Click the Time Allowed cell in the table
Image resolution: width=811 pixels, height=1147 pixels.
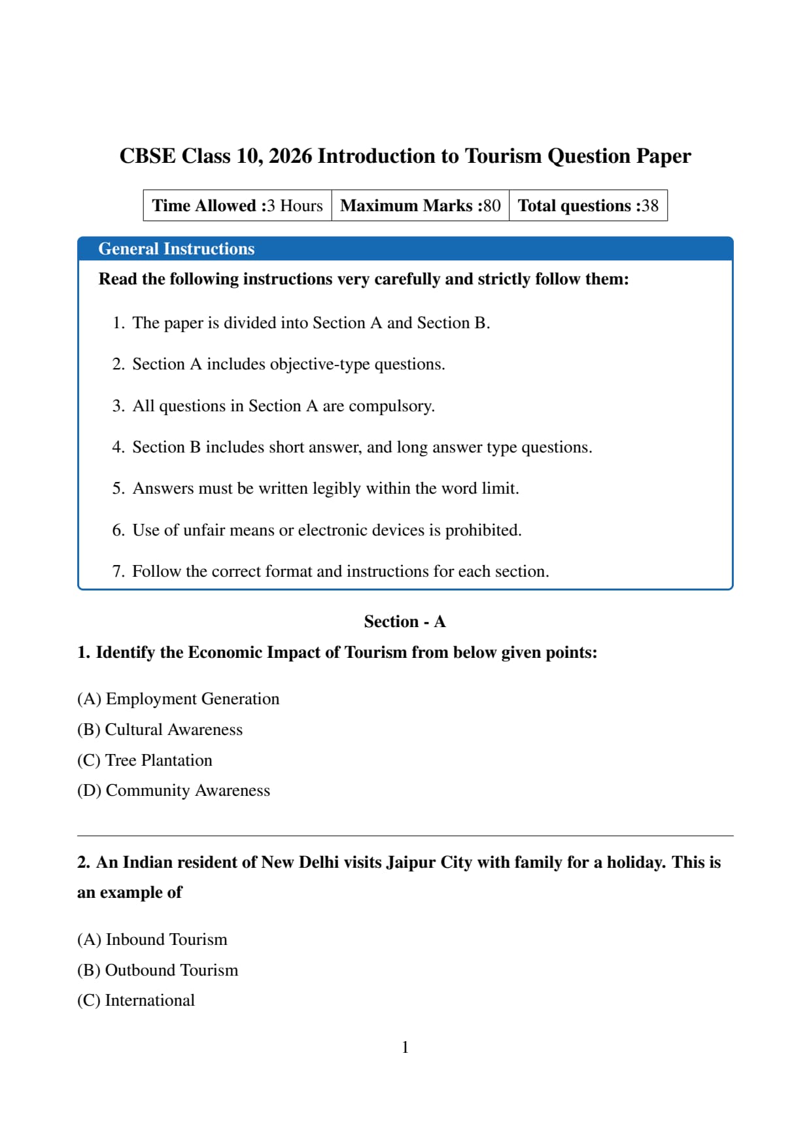point(237,205)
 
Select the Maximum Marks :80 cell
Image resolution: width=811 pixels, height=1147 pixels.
point(421,205)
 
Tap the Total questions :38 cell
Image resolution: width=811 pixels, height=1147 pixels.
point(588,205)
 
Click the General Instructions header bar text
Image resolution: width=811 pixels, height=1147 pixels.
point(176,249)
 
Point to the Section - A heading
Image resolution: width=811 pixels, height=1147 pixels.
point(405,621)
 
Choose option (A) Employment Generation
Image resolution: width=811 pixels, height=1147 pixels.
point(178,699)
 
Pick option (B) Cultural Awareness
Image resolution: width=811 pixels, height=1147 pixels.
point(160,730)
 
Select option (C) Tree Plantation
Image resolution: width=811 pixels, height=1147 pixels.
point(145,761)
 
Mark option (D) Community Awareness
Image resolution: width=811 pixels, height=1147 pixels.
point(173,791)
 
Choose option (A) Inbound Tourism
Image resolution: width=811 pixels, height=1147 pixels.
point(152,940)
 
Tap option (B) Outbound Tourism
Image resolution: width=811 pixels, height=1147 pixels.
point(158,970)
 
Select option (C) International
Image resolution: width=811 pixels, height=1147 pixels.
point(136,1001)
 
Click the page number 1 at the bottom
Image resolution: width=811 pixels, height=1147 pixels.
point(405,1048)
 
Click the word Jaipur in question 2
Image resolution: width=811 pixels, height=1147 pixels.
point(411,863)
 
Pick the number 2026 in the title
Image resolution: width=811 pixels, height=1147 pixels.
point(290,156)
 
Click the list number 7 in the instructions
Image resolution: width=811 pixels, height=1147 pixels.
point(118,572)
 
